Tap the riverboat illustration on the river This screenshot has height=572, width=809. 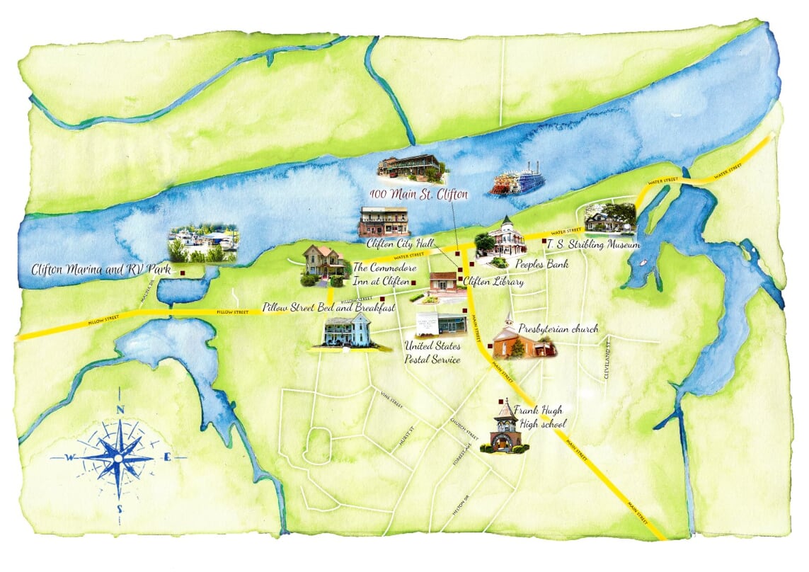point(517,181)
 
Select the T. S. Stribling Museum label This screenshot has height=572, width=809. point(592,245)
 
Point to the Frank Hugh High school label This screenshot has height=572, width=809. point(539,417)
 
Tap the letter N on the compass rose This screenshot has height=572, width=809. point(120,410)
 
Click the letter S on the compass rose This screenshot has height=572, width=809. point(120,509)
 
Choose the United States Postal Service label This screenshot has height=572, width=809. point(432,353)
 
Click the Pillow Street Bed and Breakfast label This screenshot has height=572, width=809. point(328,308)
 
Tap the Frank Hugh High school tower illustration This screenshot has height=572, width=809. point(505,427)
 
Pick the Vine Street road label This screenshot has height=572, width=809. point(391,399)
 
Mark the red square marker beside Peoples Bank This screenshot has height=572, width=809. point(471,253)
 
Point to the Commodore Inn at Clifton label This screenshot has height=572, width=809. point(380,274)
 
